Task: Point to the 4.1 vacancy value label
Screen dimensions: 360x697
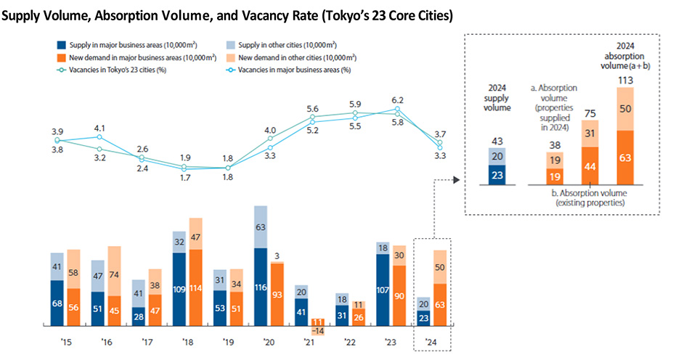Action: (x=99, y=128)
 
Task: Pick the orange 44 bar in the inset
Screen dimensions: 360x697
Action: (x=590, y=166)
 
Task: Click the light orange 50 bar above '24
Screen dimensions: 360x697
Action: (x=440, y=267)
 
